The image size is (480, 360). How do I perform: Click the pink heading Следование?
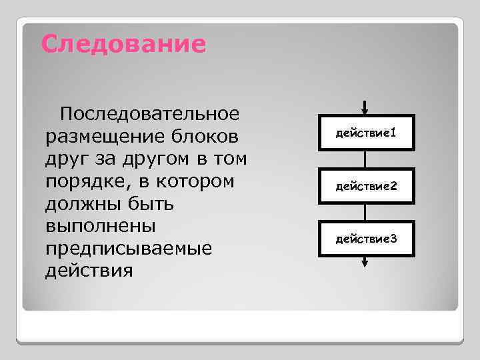(x=123, y=45)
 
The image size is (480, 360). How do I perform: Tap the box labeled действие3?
(x=366, y=238)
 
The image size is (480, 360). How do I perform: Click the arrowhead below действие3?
(x=365, y=263)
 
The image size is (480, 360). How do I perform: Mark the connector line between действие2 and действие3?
(x=365, y=211)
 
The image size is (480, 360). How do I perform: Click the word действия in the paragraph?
(x=89, y=271)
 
